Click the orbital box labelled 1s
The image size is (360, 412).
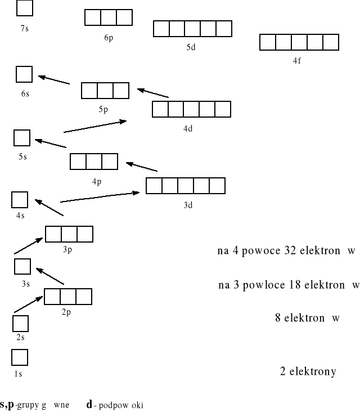pos(19,357)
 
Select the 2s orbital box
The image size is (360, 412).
pos(20,323)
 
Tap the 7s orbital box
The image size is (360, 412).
pos(25,8)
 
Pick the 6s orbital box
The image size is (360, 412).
pos(24,74)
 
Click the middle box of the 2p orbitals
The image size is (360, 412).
pos(68,296)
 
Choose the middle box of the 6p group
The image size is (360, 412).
pos(109,17)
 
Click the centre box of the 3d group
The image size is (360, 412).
pos(186,186)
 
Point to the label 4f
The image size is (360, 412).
pos(296,61)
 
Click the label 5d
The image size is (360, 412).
pos(191,47)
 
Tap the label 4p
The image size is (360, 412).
pos(96,181)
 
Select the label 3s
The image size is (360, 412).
pos(25,284)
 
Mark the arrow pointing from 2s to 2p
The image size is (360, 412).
pos(29,304)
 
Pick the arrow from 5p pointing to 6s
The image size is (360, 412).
pos(53,79)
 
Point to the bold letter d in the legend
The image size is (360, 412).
pos(89,404)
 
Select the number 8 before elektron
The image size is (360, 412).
pos(278,318)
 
